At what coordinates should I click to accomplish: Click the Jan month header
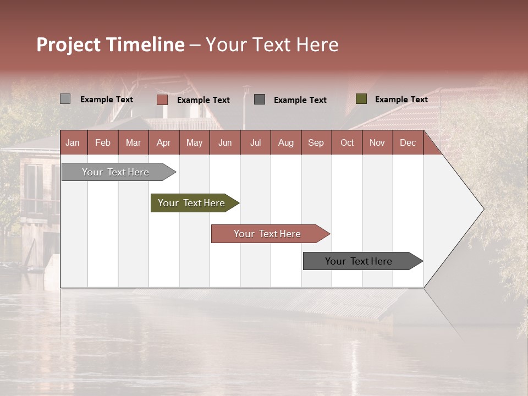pos(73,143)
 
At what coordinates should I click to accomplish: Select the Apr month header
pos(163,143)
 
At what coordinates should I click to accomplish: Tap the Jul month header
pos(255,143)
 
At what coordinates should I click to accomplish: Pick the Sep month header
pos(316,143)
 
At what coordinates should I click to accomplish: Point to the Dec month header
pos(408,143)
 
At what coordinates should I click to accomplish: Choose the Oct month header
pos(346,143)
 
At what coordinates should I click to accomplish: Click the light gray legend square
pos(65,99)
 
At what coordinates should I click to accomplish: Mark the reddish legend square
pos(162,100)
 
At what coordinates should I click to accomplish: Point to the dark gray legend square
pos(259,99)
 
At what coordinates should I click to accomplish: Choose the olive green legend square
pos(361,99)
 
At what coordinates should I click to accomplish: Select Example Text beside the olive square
pos(401,100)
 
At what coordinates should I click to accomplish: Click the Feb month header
pos(102,143)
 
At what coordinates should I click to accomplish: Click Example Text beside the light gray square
pos(106,100)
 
